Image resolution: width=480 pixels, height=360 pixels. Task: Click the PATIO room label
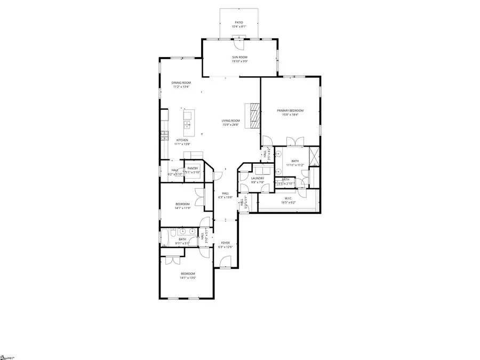click(239, 22)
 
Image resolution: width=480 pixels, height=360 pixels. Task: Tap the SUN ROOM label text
click(239, 57)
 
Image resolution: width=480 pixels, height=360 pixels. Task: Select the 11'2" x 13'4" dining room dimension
click(181, 87)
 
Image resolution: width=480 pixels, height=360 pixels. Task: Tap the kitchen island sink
click(187, 125)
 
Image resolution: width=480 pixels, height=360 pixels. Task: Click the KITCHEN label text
click(182, 140)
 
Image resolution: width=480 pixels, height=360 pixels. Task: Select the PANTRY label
click(193, 168)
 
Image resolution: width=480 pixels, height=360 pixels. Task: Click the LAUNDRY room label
click(258, 178)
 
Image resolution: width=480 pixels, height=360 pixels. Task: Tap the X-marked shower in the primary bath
click(314, 157)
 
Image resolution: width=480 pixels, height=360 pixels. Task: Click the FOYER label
click(226, 243)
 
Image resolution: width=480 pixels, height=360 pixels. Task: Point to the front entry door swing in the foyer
click(226, 262)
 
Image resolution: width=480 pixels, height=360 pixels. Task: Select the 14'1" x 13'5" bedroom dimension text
click(188, 278)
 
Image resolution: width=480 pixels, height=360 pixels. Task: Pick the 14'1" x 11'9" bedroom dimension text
click(183, 209)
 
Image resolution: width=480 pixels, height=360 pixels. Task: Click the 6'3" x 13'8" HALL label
click(225, 197)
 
